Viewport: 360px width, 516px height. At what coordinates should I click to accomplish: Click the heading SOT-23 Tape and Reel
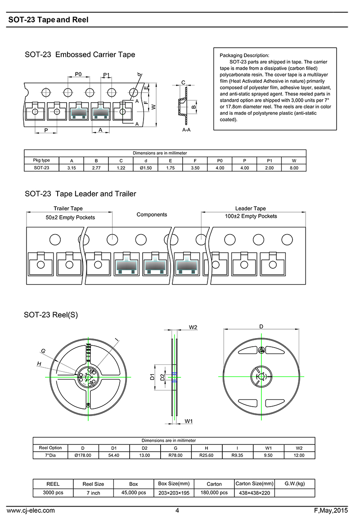[48, 20]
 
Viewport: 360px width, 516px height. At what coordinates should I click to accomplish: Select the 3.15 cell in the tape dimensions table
[72, 167]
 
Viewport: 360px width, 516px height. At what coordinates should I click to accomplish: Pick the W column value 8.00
[294, 167]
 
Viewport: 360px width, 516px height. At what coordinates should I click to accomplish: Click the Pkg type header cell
[41, 160]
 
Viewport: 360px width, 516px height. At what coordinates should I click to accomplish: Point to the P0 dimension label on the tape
[78, 74]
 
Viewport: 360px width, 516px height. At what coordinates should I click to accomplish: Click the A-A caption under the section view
[186, 130]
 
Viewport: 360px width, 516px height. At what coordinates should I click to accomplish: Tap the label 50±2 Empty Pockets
[70, 217]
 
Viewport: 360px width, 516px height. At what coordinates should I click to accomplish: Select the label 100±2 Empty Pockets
[251, 217]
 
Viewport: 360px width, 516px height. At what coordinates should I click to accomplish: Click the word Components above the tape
[152, 215]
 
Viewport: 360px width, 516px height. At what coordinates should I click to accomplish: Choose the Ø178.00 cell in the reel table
[82, 455]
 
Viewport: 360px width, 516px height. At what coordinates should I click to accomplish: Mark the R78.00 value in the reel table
[175, 455]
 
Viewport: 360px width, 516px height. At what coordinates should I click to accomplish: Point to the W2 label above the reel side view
[193, 327]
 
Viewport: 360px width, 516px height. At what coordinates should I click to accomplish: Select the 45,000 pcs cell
[133, 493]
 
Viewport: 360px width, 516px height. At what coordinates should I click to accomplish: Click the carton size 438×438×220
[254, 493]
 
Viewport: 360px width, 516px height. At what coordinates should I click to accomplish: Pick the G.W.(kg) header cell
[295, 484]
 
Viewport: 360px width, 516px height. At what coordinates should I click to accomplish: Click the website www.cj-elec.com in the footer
[31, 510]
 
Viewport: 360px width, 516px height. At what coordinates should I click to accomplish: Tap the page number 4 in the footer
[177, 510]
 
